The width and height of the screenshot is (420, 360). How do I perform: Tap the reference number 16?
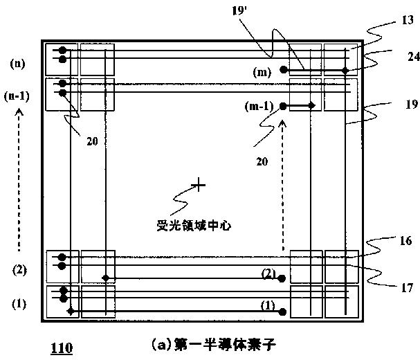[405, 241]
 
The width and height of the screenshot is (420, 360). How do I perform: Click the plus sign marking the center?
[199, 184]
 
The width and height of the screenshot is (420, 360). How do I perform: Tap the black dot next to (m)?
[283, 70]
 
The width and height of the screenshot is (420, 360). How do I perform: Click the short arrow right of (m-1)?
[299, 105]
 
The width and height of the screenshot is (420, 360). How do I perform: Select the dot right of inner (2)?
[281, 278]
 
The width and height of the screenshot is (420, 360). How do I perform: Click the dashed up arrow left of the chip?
[19, 180]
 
